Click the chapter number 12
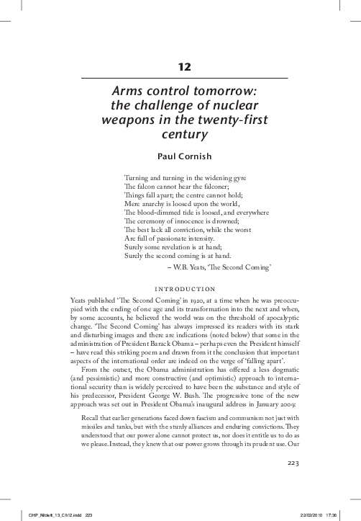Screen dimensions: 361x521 (180, 67)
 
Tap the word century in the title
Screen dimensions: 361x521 (180, 133)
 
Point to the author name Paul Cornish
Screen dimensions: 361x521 (180, 156)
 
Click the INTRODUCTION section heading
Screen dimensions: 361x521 (180, 286)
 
